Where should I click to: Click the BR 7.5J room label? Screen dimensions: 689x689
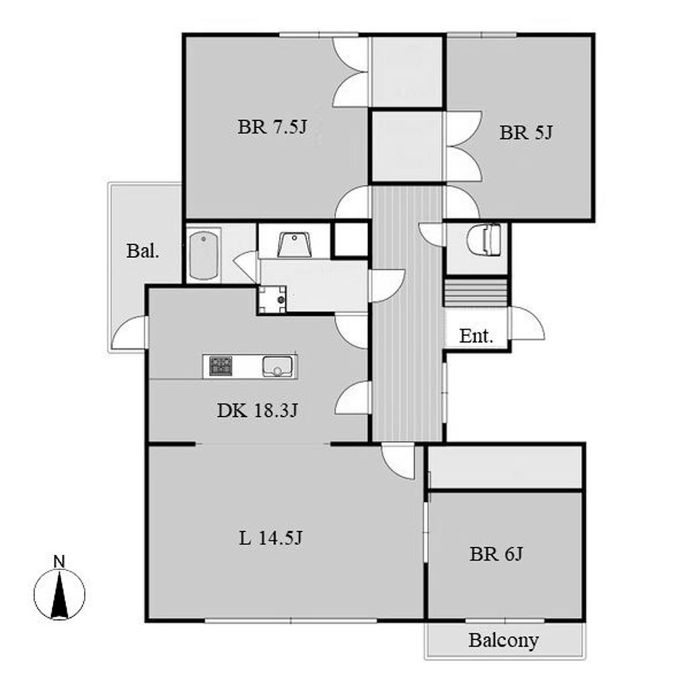[x=272, y=127]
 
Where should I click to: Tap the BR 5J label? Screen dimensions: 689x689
[x=525, y=133]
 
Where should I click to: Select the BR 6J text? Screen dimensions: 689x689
[x=496, y=554]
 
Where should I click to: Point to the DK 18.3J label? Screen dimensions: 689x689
[x=258, y=410]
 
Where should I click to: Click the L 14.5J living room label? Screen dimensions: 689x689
[x=270, y=538]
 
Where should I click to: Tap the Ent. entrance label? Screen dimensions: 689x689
[x=476, y=336]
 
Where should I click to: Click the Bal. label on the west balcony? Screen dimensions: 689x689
[x=143, y=251]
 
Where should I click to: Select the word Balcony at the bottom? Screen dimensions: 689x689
[x=503, y=641]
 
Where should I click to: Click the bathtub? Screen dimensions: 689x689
[x=203, y=255]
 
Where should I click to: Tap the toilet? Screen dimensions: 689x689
[x=484, y=240]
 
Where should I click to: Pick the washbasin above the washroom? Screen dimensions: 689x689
[x=295, y=244]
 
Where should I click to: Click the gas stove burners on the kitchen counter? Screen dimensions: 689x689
[x=221, y=366]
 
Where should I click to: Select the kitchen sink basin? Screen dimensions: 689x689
[x=277, y=367]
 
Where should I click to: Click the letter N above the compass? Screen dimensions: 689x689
[x=59, y=561]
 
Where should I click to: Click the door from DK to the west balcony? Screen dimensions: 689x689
[x=129, y=332]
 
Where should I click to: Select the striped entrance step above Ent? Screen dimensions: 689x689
[x=475, y=292]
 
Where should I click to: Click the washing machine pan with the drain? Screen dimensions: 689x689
[x=272, y=300]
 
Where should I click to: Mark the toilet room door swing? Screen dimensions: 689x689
[x=432, y=231]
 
